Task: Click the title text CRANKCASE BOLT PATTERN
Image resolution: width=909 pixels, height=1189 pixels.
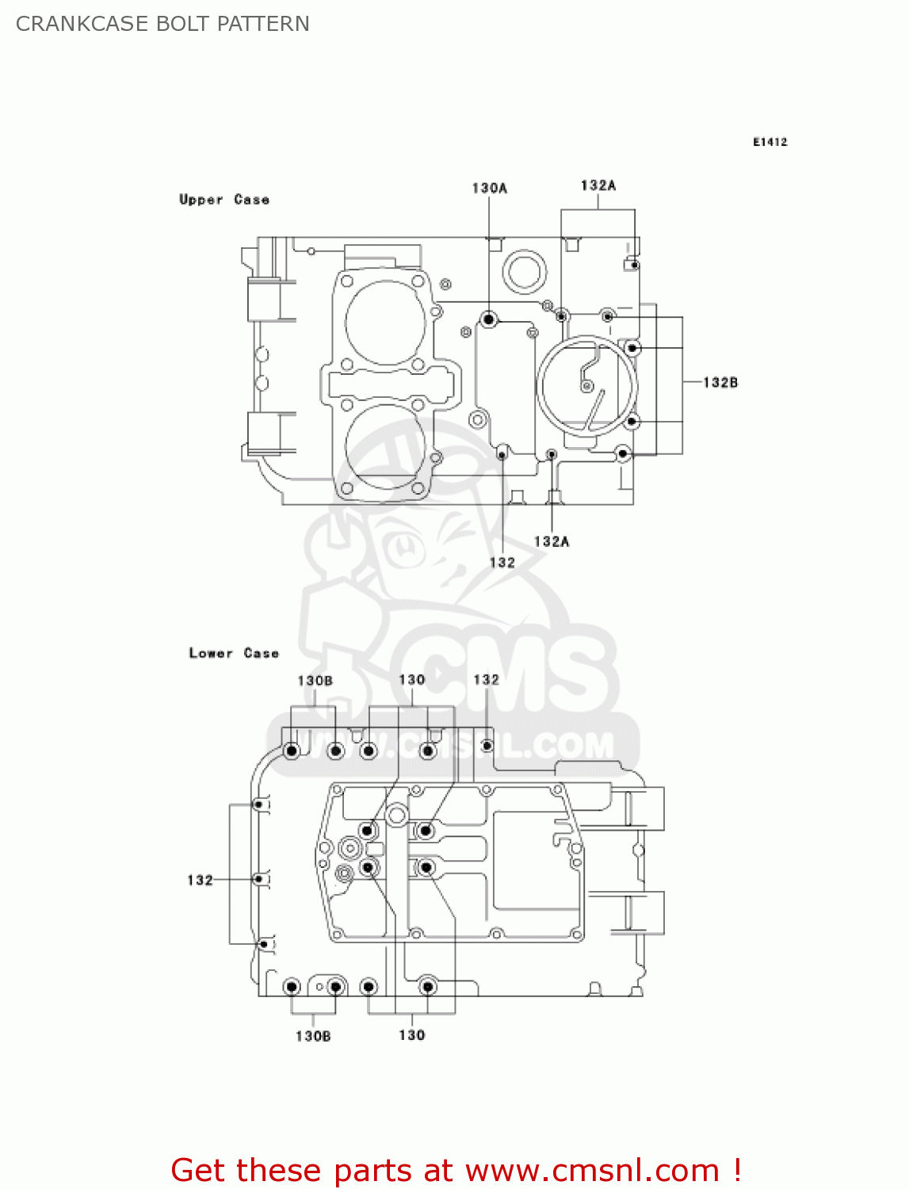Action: click(x=162, y=24)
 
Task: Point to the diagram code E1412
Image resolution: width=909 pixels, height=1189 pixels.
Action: click(x=770, y=142)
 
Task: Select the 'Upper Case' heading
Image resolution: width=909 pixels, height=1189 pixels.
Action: click(x=224, y=200)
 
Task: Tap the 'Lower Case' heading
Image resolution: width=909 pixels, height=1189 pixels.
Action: click(x=234, y=653)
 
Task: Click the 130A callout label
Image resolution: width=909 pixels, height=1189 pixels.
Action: click(x=489, y=188)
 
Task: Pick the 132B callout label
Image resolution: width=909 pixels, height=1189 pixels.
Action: click(x=720, y=382)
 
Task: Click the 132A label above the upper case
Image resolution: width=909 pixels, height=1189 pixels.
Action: click(x=598, y=185)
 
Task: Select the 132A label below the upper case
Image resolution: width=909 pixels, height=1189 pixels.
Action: click(x=551, y=541)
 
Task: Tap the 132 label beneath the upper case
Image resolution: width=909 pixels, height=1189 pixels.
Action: click(x=502, y=562)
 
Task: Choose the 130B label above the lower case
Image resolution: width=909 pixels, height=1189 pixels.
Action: click(x=315, y=680)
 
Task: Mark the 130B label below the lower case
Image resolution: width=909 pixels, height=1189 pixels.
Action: click(x=313, y=1036)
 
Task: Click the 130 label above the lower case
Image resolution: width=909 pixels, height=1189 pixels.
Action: click(x=411, y=679)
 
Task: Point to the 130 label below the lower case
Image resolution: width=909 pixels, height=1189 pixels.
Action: click(x=411, y=1035)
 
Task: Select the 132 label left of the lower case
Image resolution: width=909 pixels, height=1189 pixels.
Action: click(x=200, y=880)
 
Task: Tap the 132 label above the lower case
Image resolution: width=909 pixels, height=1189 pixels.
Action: click(x=486, y=679)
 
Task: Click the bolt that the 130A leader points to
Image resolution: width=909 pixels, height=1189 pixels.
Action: click(x=489, y=320)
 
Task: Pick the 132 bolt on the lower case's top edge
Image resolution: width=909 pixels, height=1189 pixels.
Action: click(x=487, y=746)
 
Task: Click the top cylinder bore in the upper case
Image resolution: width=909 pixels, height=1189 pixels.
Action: click(x=386, y=323)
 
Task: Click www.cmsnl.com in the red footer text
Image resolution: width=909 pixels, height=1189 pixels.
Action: click(x=592, y=1170)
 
